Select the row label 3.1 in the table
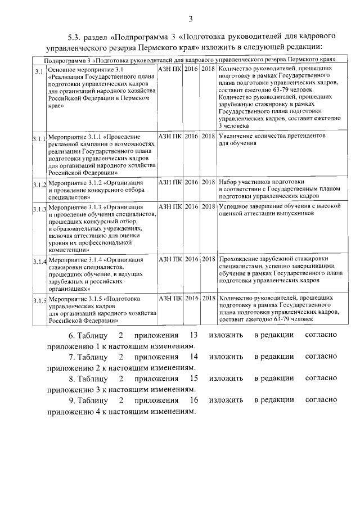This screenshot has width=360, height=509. pyautogui.click(x=38, y=71)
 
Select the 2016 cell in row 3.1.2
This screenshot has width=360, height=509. pyautogui.click(x=191, y=182)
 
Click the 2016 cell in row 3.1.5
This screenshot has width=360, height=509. pyautogui.click(x=191, y=298)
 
